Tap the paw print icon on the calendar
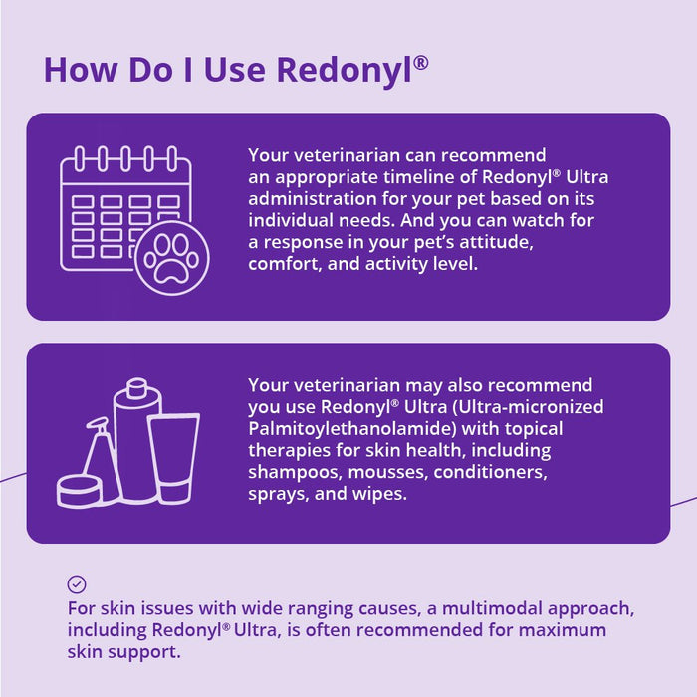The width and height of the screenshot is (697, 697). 171,259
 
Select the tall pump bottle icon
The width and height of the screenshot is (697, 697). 136,438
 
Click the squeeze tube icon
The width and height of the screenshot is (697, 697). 173,456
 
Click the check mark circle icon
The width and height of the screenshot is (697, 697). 77,584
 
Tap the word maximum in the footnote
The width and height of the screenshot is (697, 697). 569,630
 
